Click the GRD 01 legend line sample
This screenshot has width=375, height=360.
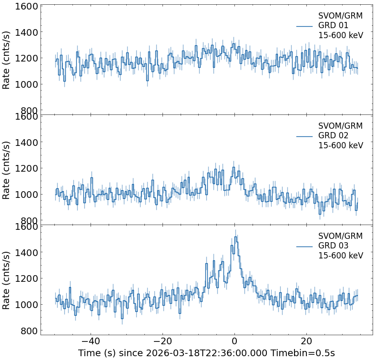point(304,26)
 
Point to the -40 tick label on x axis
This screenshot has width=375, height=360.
point(91,341)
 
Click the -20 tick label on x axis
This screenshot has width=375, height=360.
point(162,341)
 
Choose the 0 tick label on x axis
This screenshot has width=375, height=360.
point(234,341)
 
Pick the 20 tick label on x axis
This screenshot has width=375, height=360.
point(306,341)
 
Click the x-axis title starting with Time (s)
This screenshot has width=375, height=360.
point(206,353)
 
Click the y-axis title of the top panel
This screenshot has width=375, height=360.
point(7,60)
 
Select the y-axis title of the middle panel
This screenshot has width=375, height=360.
point(7,170)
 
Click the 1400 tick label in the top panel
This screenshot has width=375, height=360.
point(23,32)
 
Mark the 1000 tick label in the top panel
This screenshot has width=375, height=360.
point(23,85)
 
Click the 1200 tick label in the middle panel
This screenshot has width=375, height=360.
point(23,169)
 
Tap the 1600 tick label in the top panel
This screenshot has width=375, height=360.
point(23,7)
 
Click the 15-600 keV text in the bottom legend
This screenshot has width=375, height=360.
point(341,256)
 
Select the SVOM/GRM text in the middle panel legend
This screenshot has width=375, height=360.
point(340,126)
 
